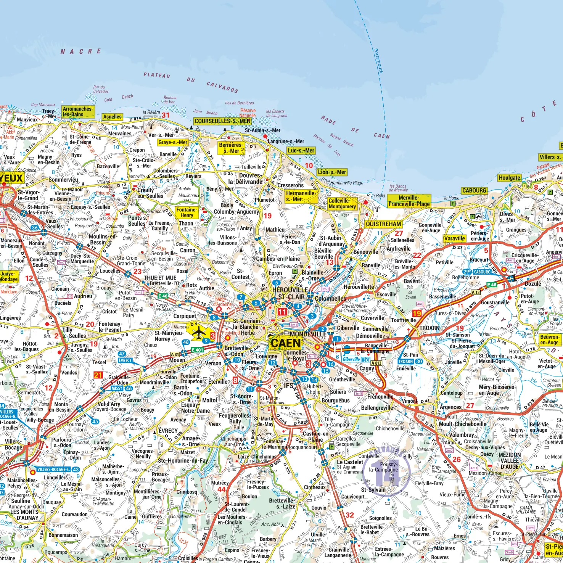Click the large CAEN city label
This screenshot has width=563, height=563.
point(286,343)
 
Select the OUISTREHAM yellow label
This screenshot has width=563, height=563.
point(383,224)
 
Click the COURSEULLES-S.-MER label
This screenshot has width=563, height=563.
point(222,121)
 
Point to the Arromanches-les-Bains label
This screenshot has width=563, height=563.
point(77,111)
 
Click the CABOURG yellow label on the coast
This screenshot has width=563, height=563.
point(474,190)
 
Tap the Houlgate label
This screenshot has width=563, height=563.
point(509,177)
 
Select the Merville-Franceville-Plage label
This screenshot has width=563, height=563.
point(409,201)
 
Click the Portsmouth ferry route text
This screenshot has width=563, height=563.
point(378,61)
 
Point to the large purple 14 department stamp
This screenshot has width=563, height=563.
point(387,472)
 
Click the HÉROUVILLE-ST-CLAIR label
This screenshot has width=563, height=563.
point(291,293)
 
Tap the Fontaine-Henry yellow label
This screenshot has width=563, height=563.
point(187,212)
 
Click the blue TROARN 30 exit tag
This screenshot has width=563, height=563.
point(410,362)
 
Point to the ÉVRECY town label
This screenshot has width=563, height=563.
point(168,431)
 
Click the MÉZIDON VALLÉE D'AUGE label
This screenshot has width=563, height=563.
point(510,460)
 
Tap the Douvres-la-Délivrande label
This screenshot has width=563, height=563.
point(245,179)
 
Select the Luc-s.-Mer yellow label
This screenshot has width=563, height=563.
point(301,150)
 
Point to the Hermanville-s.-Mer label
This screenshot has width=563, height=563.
point(301,196)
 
